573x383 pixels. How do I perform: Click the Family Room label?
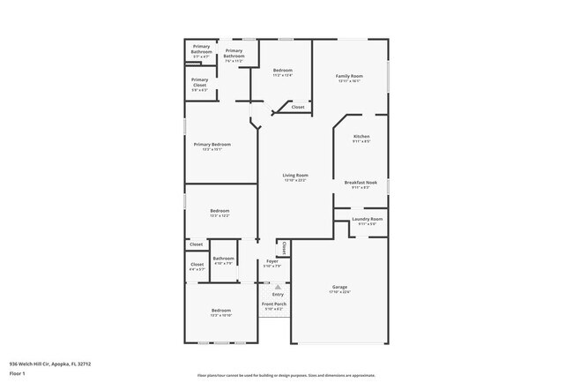pyautogui.click(x=350, y=76)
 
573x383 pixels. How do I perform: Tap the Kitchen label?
pyautogui.click(x=361, y=136)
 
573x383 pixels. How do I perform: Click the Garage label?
pyautogui.click(x=339, y=287)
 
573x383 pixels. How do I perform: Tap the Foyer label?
pyautogui.click(x=272, y=261)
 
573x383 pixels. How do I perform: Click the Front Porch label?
pyautogui.click(x=273, y=304)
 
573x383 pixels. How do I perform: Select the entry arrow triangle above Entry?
pyautogui.click(x=277, y=287)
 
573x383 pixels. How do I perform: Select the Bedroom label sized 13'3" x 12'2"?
pyautogui.click(x=220, y=211)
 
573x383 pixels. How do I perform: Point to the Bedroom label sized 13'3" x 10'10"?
pyautogui.click(x=220, y=311)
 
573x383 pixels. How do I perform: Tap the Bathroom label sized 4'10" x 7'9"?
pyautogui.click(x=222, y=259)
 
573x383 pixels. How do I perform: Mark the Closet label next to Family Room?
pyautogui.click(x=298, y=107)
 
